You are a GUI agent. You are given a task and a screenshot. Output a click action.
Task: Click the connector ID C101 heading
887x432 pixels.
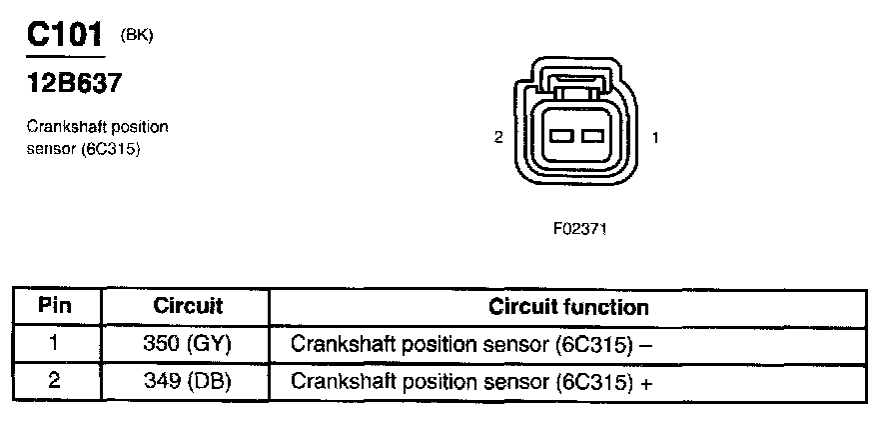click(64, 36)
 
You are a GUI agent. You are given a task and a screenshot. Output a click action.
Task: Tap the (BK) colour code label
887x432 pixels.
click(136, 35)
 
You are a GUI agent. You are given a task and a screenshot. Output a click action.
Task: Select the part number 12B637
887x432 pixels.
click(73, 84)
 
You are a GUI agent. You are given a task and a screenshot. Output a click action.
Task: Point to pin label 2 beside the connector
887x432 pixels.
click(498, 138)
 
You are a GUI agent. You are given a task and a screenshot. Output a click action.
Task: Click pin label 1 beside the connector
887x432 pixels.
click(654, 138)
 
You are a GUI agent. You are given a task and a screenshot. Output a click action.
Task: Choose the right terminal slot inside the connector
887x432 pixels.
click(591, 135)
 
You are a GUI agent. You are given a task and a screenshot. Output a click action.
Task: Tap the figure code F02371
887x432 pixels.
click(580, 229)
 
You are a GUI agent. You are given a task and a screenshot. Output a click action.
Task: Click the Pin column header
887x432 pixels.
click(55, 306)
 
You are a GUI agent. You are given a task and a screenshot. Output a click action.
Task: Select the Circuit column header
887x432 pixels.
click(188, 306)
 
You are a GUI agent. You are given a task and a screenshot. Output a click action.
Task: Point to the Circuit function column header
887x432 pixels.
click(568, 307)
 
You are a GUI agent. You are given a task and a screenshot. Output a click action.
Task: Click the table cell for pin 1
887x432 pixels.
click(55, 345)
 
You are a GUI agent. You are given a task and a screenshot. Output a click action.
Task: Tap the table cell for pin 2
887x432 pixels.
click(55, 381)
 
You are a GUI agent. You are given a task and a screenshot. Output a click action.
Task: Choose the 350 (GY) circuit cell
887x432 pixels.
click(188, 345)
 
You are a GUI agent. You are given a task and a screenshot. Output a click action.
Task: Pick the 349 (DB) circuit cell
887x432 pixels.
click(188, 381)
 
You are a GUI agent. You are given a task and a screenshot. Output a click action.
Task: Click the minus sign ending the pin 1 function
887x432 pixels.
click(647, 346)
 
